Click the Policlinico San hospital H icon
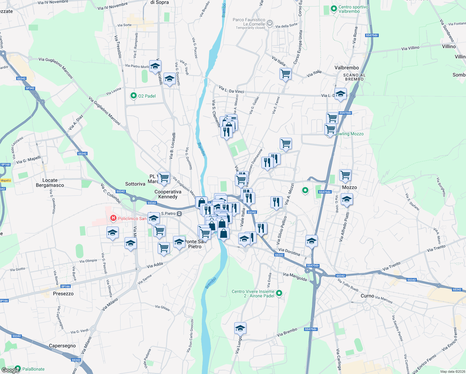[113, 218]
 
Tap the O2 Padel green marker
[134, 96]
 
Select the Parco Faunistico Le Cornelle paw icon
[270, 23]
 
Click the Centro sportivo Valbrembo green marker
[334, 9]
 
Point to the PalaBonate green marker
[18, 369]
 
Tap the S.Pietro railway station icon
[179, 213]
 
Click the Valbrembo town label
[346, 68]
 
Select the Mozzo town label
[349, 187]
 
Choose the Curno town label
[367, 296]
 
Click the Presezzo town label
[63, 294]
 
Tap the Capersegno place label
[62, 346]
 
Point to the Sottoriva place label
[135, 184]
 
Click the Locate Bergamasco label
[50, 183]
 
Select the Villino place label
[449, 46]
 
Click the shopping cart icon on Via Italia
[285, 74]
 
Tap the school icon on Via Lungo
[240, 328]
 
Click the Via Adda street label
[155, 265]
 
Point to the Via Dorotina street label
[289, 252]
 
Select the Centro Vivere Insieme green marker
[279, 293]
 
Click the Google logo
[10, 370]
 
